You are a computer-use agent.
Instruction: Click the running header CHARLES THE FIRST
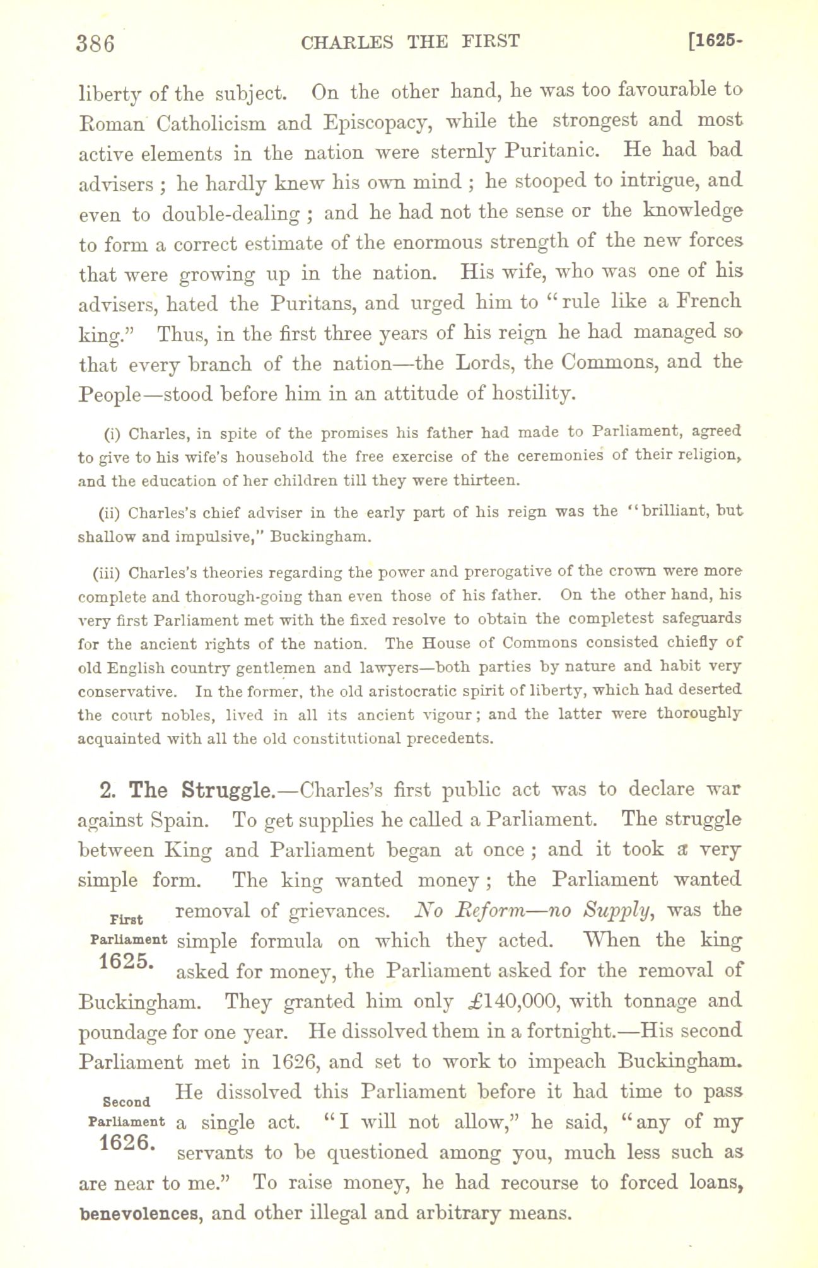click(x=411, y=42)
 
